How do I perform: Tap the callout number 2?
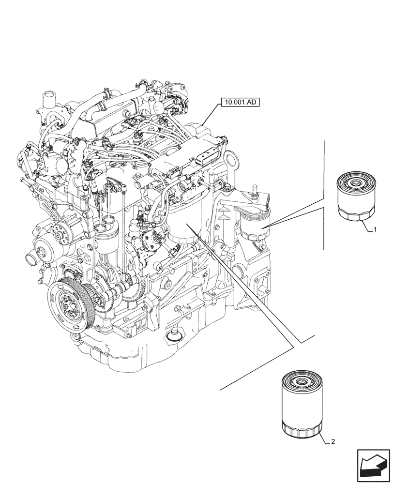pyautogui.click(x=334, y=442)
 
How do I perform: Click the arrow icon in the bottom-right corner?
pyautogui.click(x=373, y=466)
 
